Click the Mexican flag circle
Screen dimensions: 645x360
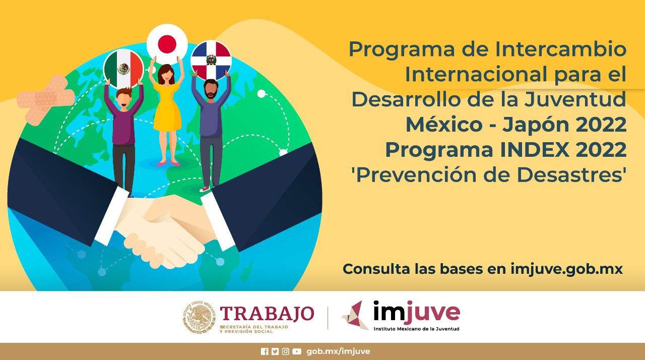123,69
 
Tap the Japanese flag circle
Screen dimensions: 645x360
167,44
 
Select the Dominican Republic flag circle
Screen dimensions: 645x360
211,61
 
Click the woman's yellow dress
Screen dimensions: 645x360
167,107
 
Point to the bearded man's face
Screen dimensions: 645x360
211,90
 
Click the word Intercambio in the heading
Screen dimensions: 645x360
561,49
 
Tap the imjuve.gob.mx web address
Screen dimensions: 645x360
567,269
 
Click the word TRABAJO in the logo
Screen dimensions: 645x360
267,314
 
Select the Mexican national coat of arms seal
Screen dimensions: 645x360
199,317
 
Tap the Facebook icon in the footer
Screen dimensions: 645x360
265,351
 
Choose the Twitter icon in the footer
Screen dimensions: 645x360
275,351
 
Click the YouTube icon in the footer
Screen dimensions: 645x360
297,351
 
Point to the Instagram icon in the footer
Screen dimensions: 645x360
285,351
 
